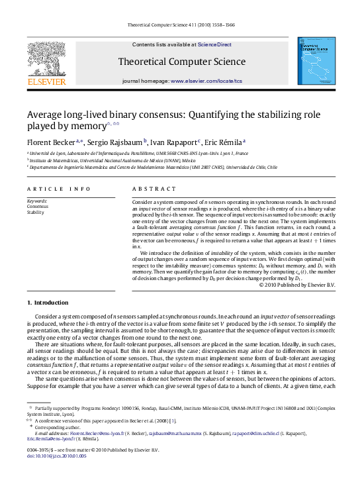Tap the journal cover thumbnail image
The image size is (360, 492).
pos(315,61)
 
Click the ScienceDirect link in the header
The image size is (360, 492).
pos(214,44)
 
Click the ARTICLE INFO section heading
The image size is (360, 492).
pos(50,189)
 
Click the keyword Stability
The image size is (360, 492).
pos(35,212)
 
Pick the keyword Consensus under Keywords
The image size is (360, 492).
pos(37,206)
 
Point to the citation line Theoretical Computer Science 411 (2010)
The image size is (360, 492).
pos(179,26)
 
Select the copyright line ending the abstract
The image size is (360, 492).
pos(297,285)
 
